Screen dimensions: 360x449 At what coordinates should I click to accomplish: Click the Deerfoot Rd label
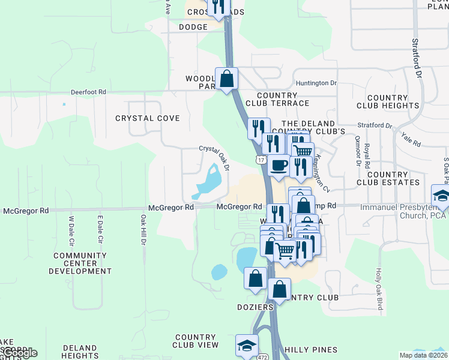tap(88, 92)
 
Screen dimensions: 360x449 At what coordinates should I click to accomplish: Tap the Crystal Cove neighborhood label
tap(148, 118)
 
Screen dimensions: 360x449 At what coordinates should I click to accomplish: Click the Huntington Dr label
tap(316, 83)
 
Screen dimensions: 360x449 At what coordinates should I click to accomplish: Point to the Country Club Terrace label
tap(282, 99)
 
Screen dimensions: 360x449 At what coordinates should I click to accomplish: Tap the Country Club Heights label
tap(388, 101)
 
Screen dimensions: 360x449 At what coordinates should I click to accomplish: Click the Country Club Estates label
tap(388, 178)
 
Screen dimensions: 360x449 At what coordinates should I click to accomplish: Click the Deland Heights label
tap(80, 352)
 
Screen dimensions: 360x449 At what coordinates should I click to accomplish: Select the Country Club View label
tap(196, 341)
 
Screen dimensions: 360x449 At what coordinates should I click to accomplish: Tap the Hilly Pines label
tap(311, 350)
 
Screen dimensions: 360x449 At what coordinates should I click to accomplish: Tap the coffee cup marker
tap(278, 165)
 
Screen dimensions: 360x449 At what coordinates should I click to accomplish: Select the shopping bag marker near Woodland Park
tap(227, 79)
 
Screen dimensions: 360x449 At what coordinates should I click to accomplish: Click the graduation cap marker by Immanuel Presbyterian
tap(442, 195)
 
